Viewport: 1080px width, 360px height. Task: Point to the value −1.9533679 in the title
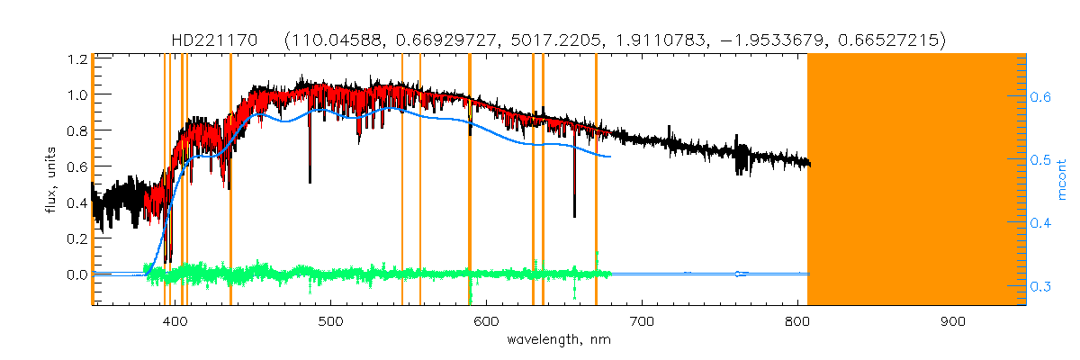coord(788,40)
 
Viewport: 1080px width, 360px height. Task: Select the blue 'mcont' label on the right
coord(1062,179)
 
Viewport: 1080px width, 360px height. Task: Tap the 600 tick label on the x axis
coord(486,321)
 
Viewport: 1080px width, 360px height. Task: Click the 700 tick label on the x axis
coord(642,321)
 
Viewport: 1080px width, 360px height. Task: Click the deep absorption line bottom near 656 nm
coord(574,214)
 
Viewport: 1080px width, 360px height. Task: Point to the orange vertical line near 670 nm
coord(596,180)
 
